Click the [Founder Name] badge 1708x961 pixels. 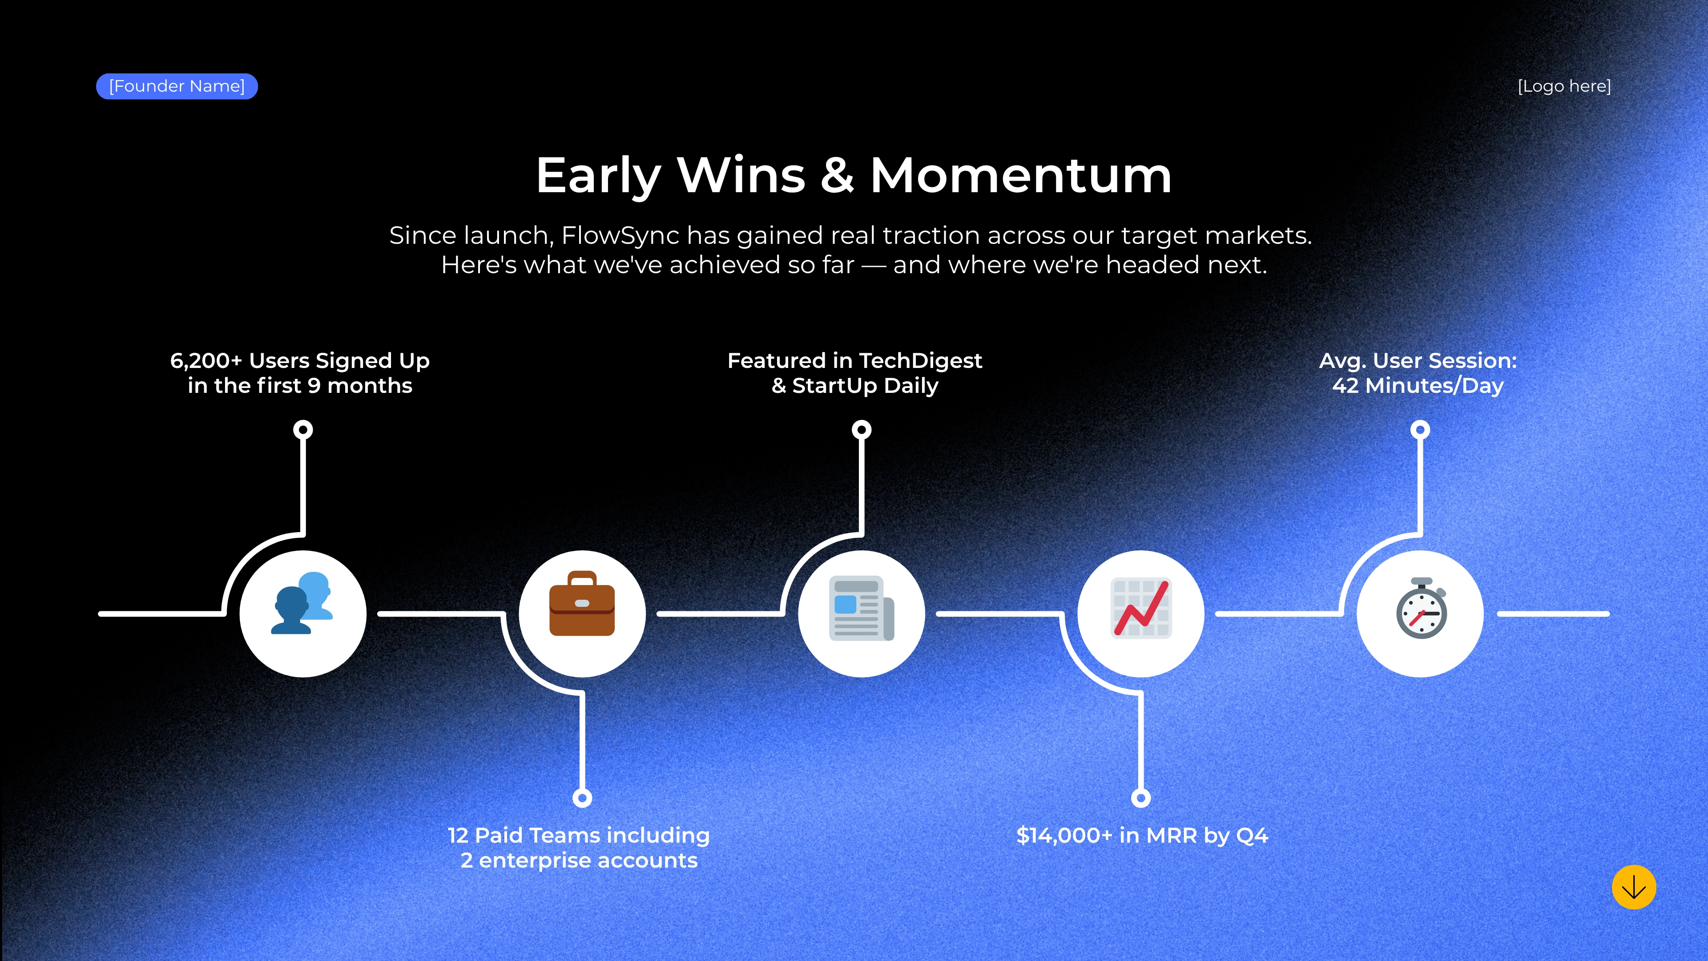pyautogui.click(x=177, y=86)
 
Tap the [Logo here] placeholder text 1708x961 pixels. pyautogui.click(x=1564, y=86)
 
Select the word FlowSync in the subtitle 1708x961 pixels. pyautogui.click(x=620, y=235)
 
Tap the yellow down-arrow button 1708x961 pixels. pyautogui.click(x=1634, y=888)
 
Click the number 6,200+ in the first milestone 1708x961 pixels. pyautogui.click(x=206, y=361)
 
